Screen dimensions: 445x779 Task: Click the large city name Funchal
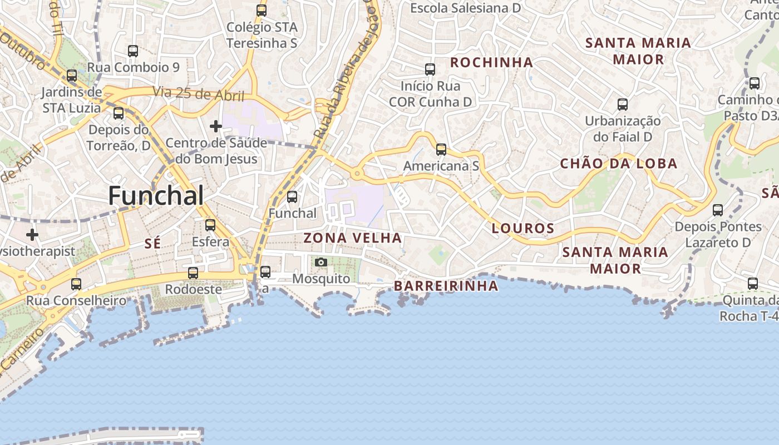tap(156, 196)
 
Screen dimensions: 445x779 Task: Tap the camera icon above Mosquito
tap(321, 262)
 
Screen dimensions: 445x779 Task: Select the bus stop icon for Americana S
tap(441, 149)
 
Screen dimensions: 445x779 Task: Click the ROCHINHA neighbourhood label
tap(491, 62)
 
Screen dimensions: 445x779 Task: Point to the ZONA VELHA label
tap(352, 238)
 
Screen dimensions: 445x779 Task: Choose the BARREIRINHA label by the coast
tap(446, 286)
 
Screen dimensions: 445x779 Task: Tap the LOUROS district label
tap(523, 228)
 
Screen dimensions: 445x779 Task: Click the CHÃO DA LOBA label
tap(618, 164)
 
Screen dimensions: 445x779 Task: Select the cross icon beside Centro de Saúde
tap(215, 126)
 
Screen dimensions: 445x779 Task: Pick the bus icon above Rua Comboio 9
tap(133, 51)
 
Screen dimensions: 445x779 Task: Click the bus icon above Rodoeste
tap(193, 273)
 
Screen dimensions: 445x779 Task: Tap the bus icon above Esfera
tap(210, 225)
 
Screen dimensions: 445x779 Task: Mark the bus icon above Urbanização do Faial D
tap(623, 105)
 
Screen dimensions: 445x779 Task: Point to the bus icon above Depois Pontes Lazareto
tap(718, 210)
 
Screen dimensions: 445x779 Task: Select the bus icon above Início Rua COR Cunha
tap(430, 70)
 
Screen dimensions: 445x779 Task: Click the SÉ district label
tap(152, 243)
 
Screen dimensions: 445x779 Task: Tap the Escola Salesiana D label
tap(465, 8)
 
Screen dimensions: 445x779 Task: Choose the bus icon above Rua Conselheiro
tap(76, 284)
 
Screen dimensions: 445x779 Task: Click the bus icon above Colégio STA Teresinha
tap(262, 10)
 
